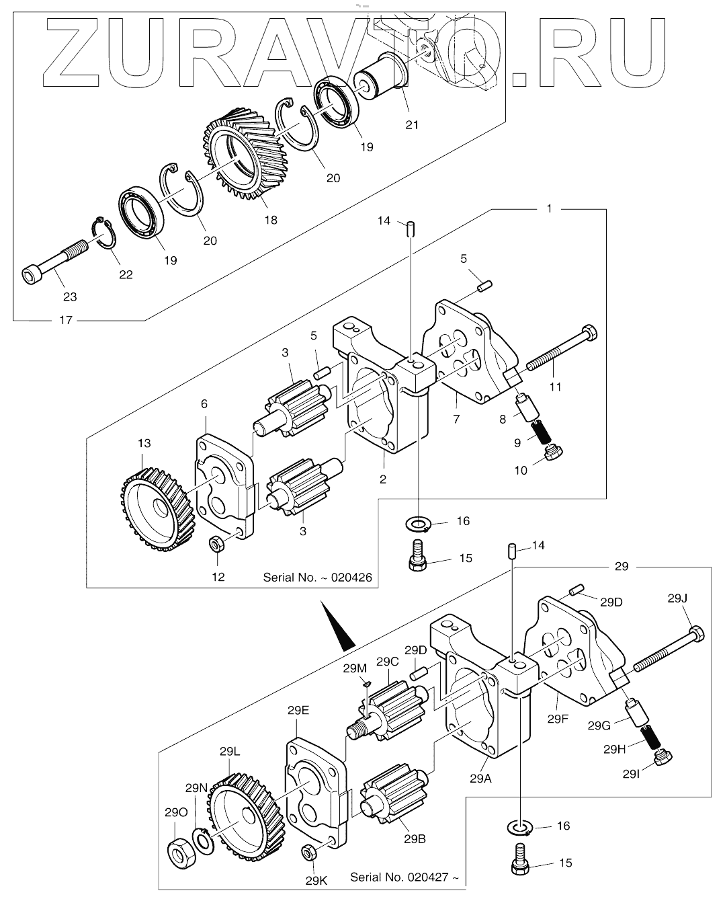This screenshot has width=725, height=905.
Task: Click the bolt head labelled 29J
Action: point(697,634)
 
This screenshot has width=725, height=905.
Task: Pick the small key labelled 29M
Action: point(366,684)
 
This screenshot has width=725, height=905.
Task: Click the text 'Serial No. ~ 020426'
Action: point(317,577)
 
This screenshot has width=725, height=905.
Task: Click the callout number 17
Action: point(66,321)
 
